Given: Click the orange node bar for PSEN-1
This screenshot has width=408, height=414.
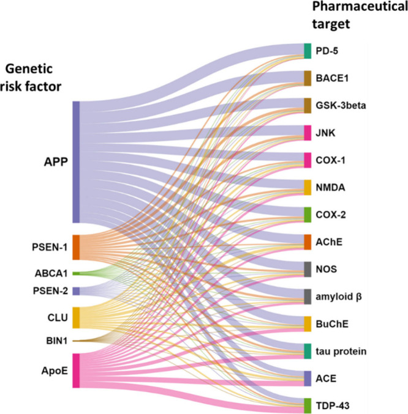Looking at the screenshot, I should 76,247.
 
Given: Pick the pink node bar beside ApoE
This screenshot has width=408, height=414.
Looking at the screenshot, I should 76,370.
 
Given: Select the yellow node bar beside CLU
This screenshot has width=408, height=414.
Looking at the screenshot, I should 76,318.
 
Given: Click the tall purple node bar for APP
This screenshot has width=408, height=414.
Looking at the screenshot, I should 76,162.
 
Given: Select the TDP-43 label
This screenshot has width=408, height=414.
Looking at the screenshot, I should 333,405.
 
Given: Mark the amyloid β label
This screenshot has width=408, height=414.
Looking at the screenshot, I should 339,296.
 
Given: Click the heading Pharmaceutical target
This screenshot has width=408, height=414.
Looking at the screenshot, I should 351,17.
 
